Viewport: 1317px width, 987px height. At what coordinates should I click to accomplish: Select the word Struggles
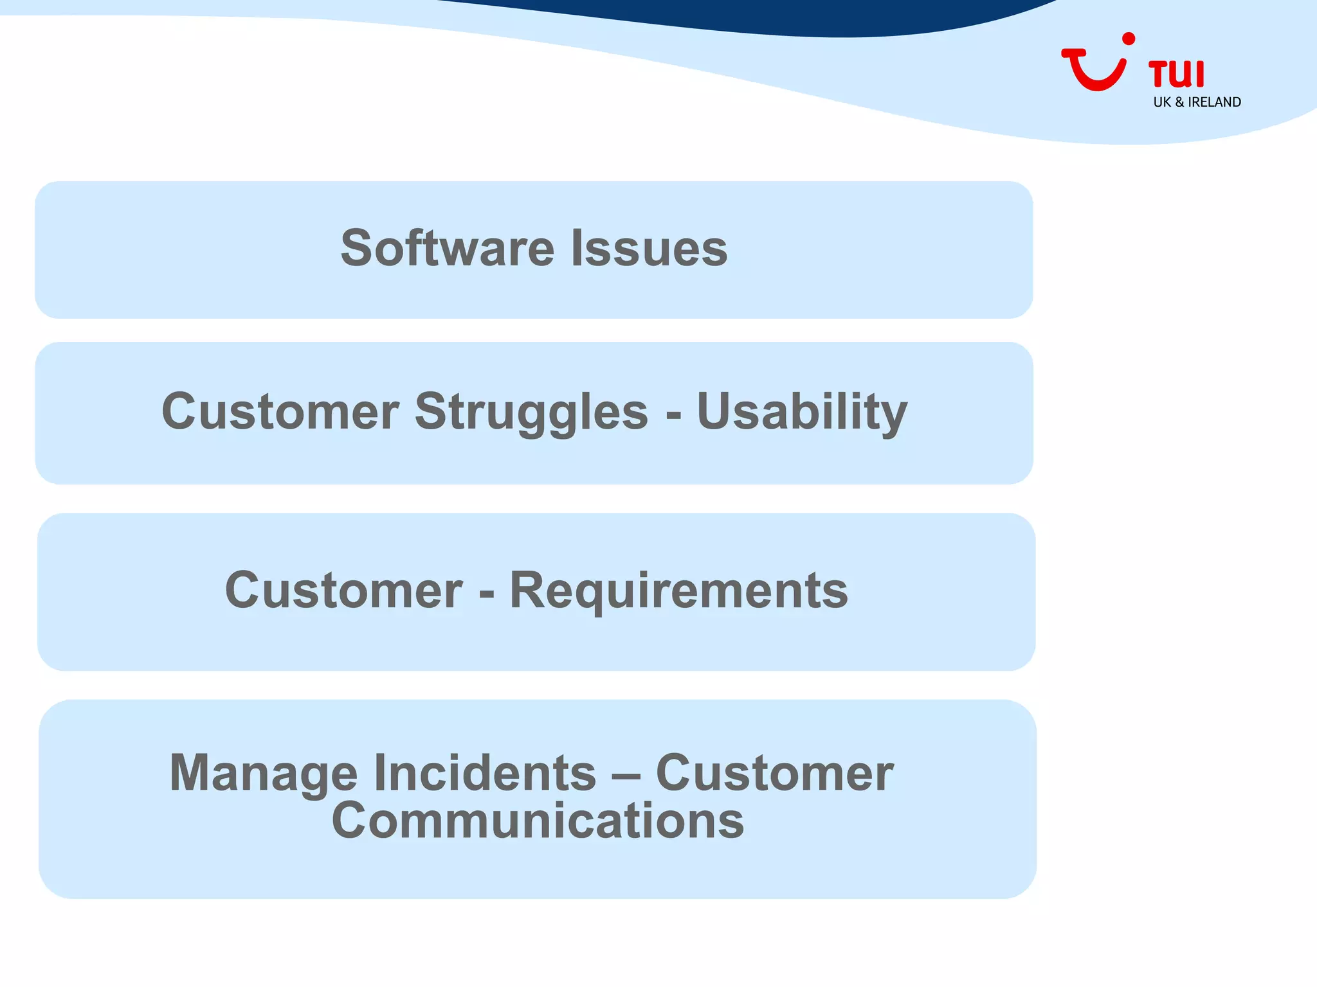tap(531, 411)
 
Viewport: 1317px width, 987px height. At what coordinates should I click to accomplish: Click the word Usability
tap(802, 411)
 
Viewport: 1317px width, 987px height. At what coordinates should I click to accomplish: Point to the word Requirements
tap(678, 590)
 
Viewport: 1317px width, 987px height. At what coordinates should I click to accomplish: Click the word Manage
tap(263, 772)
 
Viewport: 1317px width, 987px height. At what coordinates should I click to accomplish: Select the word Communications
tap(538, 821)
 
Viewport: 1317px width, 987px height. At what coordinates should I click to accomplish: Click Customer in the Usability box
tap(280, 411)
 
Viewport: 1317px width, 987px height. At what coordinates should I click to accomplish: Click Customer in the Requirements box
tap(343, 590)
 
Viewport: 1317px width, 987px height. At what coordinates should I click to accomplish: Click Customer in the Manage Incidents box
tap(774, 772)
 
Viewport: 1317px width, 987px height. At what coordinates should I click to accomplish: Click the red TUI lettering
tap(1176, 74)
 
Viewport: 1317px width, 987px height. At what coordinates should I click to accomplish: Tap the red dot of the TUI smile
tap(1128, 40)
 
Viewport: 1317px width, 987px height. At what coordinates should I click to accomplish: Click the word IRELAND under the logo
tap(1214, 102)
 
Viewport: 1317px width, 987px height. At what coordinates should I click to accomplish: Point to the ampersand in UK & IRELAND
tap(1179, 102)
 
